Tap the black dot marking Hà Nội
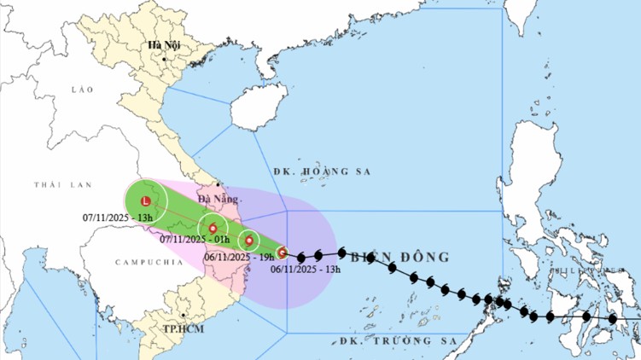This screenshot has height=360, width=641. click(x=165, y=59)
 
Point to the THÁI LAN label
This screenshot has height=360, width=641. click(x=56, y=184)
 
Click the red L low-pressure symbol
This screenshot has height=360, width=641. click(x=146, y=201)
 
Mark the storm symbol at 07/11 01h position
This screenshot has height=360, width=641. click(x=213, y=228)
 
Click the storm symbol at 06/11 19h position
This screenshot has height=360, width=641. click(x=248, y=241)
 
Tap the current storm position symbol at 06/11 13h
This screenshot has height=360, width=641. click(x=282, y=252)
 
